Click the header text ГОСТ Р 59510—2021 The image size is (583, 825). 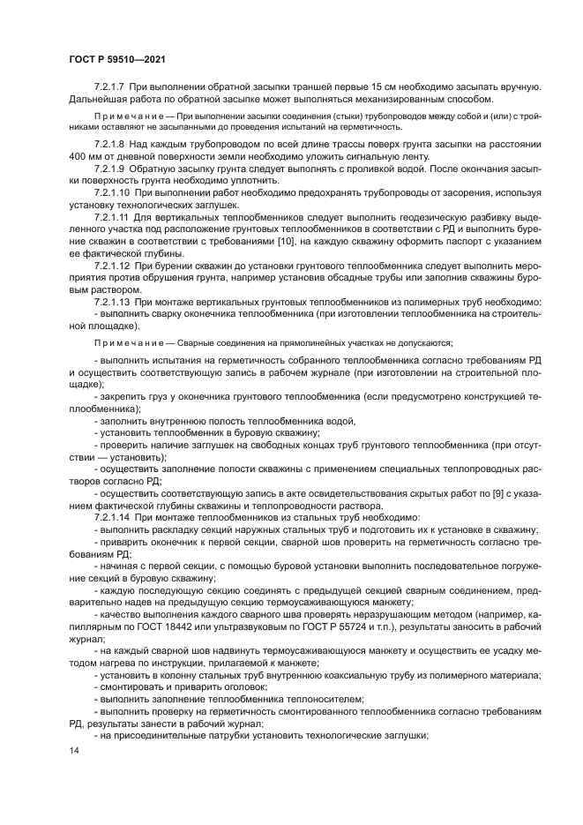[x=117, y=59]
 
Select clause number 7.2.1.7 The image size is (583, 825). [x=110, y=86]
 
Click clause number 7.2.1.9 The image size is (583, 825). [x=110, y=168]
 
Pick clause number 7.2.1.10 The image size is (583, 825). [x=112, y=191]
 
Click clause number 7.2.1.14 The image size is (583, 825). [x=112, y=517]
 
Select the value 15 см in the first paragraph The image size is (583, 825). [x=405, y=86]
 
